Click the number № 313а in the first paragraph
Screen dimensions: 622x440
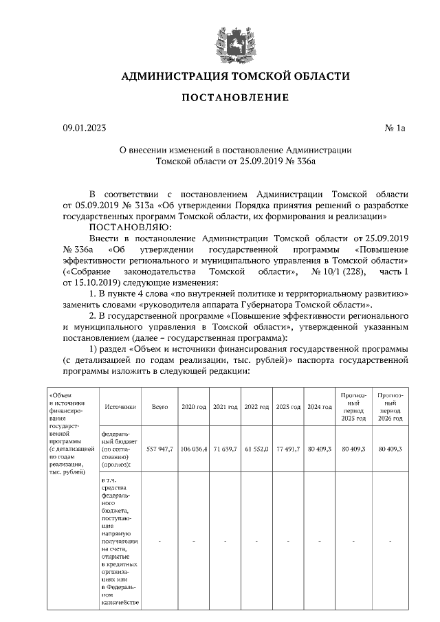tap(140, 206)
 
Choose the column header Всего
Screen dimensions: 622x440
tap(160, 407)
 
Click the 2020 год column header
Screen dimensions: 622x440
tap(194, 407)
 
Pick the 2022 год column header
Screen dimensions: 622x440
tap(256, 407)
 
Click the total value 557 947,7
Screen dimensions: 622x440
tap(160, 448)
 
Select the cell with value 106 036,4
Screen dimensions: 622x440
tap(194, 448)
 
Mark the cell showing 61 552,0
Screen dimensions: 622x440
tap(256, 448)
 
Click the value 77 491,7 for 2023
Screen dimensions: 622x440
tap(288, 448)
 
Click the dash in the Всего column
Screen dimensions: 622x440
tap(160, 542)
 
